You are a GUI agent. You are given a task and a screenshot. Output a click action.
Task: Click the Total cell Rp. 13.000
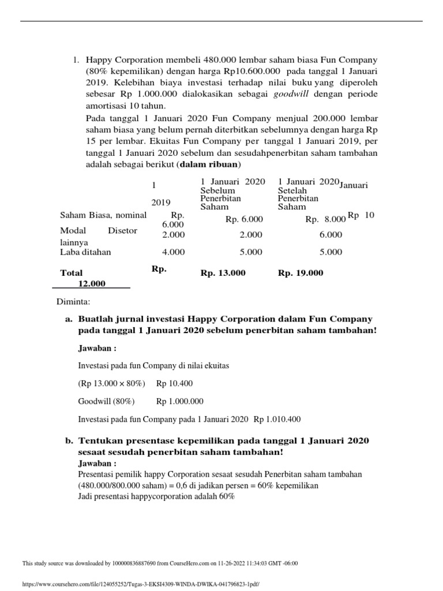coord(223,273)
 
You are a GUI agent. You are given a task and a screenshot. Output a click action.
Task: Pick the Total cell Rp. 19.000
coord(301,273)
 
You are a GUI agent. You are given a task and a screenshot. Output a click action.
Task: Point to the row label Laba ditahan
coord(86,252)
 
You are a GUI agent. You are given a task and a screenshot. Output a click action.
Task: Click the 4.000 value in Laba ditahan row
coord(174,252)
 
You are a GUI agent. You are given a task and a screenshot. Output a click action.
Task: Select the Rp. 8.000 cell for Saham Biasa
coord(325,219)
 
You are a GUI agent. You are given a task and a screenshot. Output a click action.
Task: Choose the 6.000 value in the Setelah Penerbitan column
coord(331,235)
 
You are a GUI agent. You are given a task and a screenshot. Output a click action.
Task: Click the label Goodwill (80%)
coord(106,401)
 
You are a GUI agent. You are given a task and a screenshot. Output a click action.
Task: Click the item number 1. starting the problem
coord(75,59)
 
